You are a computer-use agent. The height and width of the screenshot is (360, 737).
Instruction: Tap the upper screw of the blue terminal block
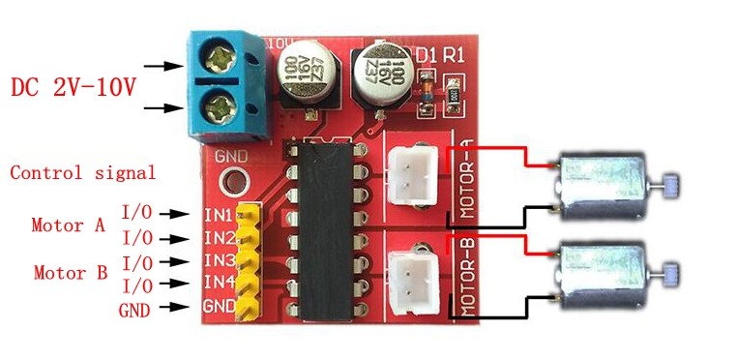coord(221,60)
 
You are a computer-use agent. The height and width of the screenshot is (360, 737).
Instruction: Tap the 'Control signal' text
coord(82,174)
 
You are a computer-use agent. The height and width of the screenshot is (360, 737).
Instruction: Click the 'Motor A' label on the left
coord(68,225)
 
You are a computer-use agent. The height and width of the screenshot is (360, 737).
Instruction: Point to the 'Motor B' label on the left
coord(70,273)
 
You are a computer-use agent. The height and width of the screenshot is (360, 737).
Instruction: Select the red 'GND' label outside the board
coord(133,310)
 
